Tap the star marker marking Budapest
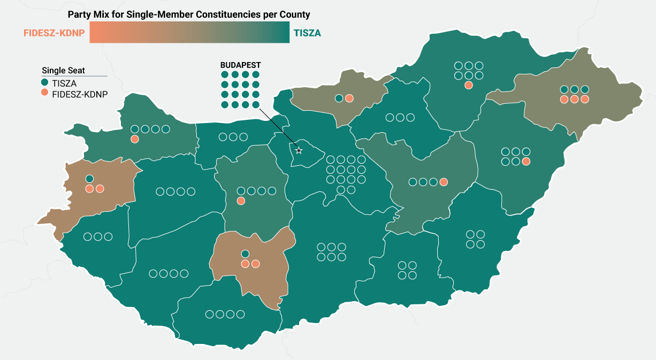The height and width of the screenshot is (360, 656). coord(299,151)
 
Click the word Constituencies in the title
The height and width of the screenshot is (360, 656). coord(208,14)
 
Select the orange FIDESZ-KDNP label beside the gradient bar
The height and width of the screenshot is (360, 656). coord(54,33)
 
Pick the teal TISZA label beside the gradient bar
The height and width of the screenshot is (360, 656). coord(307,33)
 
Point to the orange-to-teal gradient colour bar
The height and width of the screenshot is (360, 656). coord(189,33)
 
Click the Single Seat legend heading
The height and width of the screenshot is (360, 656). coord(63,71)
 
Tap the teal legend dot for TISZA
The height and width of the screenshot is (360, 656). coord(45,83)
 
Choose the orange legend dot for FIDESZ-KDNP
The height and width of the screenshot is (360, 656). coord(45,93)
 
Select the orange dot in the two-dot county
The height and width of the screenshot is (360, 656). coord(349,98)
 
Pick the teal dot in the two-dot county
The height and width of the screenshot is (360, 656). coord(339,98)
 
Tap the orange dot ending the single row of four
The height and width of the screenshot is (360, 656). coord(444,182)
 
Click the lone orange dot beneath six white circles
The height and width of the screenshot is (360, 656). coord(469,85)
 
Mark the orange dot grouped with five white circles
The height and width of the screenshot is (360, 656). coord(526,161)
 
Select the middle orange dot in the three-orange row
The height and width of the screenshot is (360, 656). coord(574,99)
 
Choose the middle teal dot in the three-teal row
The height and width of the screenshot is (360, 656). coord(574,89)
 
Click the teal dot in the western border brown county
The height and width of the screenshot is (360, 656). coord(89,179)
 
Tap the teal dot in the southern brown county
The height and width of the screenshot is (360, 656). coord(245,254)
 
